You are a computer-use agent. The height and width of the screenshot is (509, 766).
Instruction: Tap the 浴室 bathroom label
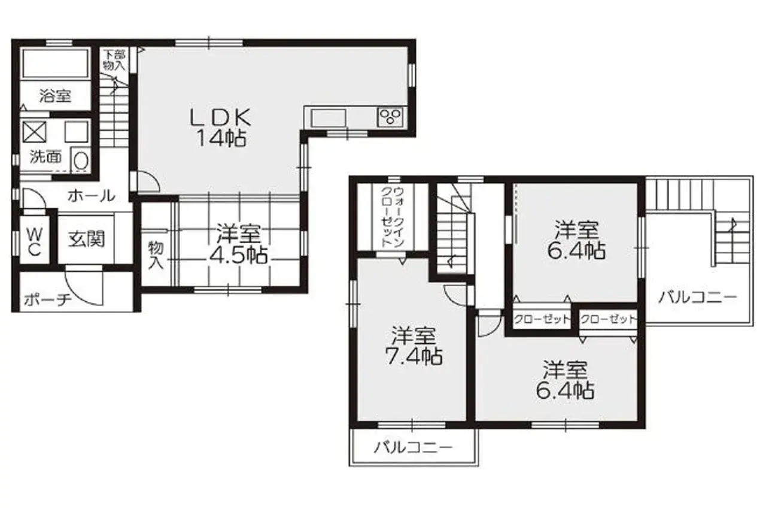(x=55, y=95)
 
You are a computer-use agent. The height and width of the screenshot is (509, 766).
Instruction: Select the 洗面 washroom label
(x=45, y=157)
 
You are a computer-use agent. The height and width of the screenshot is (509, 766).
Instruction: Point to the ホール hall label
(x=91, y=195)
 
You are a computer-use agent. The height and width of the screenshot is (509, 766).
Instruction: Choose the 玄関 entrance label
(x=86, y=239)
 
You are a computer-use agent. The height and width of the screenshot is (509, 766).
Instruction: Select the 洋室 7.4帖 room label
(x=413, y=346)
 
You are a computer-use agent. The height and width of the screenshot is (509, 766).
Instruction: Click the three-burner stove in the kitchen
(x=391, y=116)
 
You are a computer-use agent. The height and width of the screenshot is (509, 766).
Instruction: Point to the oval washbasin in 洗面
(x=80, y=160)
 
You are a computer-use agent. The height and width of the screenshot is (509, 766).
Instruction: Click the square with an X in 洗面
(x=34, y=131)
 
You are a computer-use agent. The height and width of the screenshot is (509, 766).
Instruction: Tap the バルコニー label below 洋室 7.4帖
(x=414, y=447)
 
